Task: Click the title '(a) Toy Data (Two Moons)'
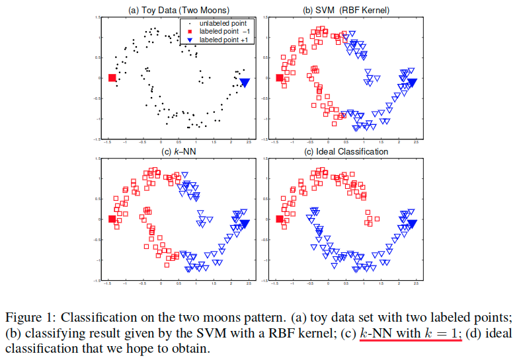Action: pyautogui.click(x=173, y=9)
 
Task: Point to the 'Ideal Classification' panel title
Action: pyautogui.click(x=346, y=151)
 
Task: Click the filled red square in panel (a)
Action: pyautogui.click(x=112, y=79)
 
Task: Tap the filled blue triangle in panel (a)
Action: pyautogui.click(x=245, y=83)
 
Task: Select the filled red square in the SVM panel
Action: pyautogui.click(x=279, y=79)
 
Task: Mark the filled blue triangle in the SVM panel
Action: pyautogui.click(x=412, y=83)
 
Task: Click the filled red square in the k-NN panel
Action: pyautogui.click(x=112, y=219)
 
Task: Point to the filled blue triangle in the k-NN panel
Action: pyautogui.click(x=245, y=224)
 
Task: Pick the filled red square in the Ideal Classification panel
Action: pyautogui.click(x=279, y=219)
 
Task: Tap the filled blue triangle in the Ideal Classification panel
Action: pyautogui.click(x=412, y=224)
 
